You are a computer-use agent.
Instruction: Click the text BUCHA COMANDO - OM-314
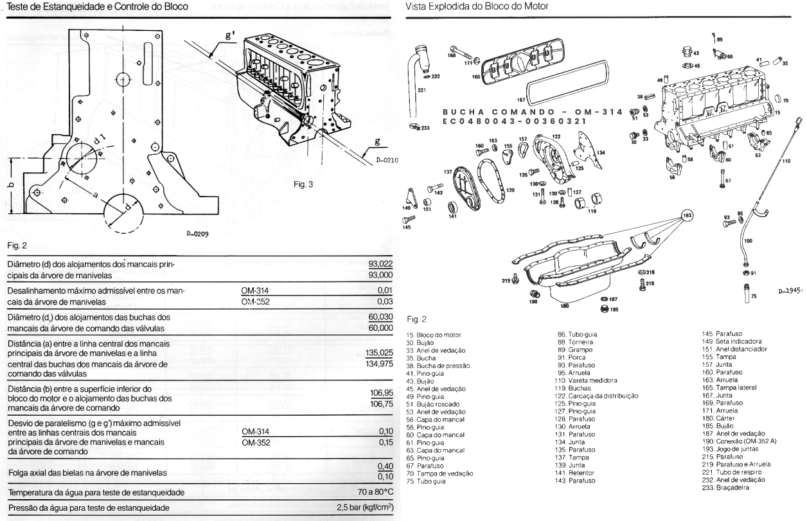point(533,112)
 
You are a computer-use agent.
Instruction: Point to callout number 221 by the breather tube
point(421,91)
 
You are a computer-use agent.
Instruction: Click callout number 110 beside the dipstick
point(786,161)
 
